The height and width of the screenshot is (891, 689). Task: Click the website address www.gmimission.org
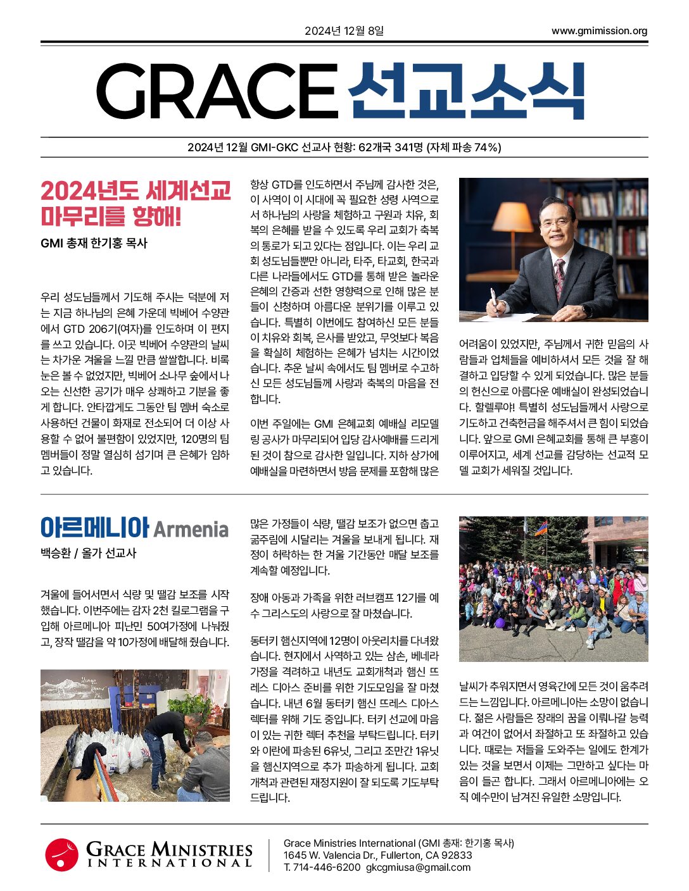599,31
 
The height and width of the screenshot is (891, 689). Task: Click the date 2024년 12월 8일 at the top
344,31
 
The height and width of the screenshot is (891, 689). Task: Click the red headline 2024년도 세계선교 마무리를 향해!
135,203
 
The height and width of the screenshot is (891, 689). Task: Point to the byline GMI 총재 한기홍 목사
94,243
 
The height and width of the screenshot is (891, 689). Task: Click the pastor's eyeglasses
557,222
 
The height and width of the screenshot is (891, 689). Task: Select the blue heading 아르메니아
94,527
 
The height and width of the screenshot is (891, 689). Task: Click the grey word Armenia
191,529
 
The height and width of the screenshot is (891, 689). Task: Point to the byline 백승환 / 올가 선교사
88,553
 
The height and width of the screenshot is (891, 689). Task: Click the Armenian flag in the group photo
540,528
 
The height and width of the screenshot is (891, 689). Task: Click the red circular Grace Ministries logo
61,854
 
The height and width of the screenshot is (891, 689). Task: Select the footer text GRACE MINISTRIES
169,849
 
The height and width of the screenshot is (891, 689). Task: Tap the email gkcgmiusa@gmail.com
418,867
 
